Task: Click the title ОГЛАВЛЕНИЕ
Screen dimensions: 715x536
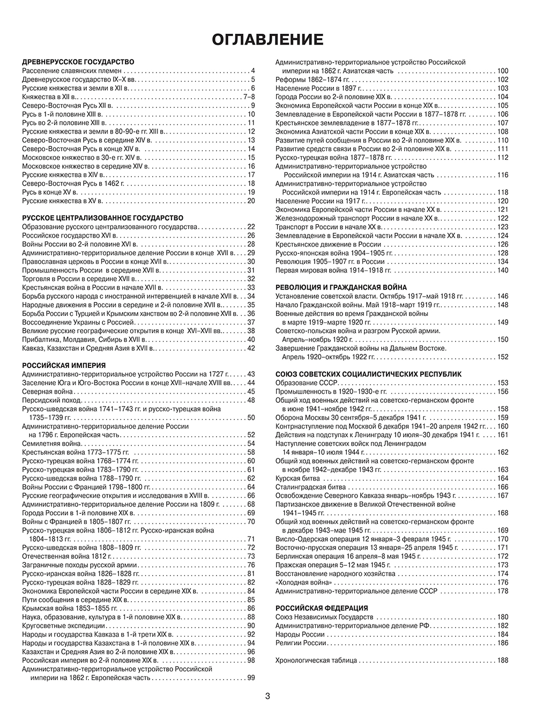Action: (x=267, y=39)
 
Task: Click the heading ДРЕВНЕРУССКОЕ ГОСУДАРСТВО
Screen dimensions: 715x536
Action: (x=78, y=62)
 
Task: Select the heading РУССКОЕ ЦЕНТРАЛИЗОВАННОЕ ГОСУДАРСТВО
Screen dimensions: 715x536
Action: (x=102, y=218)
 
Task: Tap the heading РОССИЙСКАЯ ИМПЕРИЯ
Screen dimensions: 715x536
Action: (x=64, y=365)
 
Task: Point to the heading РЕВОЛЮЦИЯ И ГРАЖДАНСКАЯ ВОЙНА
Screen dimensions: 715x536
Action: (x=341, y=288)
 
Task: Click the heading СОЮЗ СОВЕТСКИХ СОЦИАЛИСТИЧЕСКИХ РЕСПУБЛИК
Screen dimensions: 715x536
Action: (x=368, y=374)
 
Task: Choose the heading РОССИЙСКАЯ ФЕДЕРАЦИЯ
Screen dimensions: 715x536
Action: (x=322, y=608)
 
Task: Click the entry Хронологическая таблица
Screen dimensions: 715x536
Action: (x=316, y=660)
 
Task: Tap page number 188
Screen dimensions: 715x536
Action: (x=502, y=660)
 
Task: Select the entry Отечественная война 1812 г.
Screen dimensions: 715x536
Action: (x=66, y=556)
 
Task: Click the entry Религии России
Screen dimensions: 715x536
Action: (x=301, y=643)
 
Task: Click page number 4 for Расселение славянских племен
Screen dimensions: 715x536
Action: (x=252, y=71)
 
